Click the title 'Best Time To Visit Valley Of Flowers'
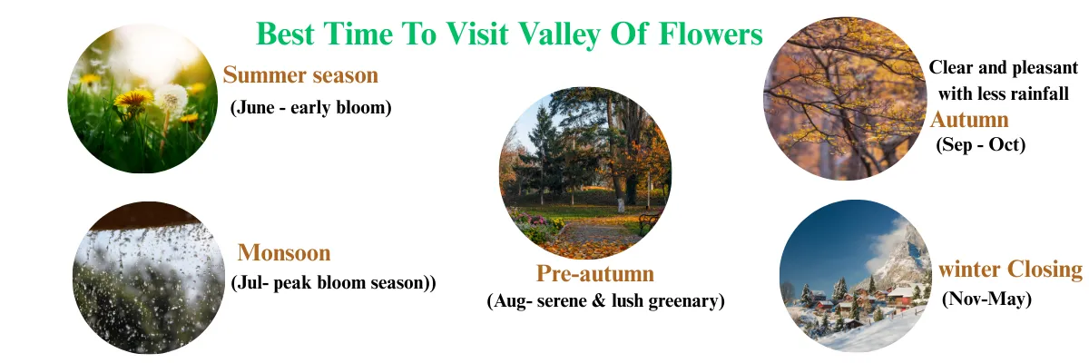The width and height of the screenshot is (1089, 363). point(509,34)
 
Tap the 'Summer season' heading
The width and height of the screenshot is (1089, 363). point(300,74)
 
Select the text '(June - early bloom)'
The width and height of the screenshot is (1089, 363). point(310,107)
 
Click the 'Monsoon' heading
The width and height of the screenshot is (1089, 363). point(284,252)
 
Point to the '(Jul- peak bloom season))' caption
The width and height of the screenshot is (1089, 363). point(334,282)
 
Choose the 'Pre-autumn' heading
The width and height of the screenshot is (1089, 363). point(594,273)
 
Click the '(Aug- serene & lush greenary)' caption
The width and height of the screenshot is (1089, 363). point(605,301)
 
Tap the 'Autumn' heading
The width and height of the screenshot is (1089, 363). point(969,120)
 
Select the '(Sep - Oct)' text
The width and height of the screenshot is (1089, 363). point(980,144)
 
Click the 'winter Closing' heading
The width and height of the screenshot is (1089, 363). point(1010,270)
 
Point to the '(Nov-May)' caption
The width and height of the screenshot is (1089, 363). point(986,299)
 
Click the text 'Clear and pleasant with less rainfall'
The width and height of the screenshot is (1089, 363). point(1004,80)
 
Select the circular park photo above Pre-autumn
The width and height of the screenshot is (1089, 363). point(585,173)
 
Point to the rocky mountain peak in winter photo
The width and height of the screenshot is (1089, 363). point(898,245)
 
